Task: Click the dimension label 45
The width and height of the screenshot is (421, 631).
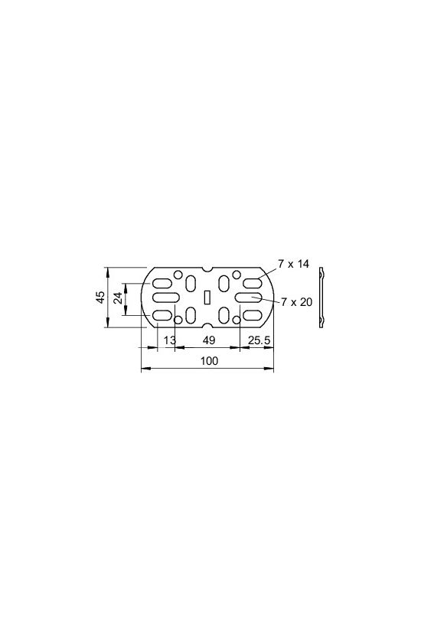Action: click(100, 298)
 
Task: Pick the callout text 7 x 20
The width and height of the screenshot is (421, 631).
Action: click(296, 302)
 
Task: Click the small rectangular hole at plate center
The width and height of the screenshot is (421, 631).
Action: click(207, 298)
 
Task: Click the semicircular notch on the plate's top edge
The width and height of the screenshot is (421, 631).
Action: click(207, 270)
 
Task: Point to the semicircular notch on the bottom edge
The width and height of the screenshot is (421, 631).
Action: click(207, 326)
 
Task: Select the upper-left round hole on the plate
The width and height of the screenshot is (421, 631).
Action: click(179, 275)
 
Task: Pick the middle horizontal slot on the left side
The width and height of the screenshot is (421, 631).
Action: click(164, 298)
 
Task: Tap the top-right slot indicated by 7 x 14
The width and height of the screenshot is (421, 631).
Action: click(252, 280)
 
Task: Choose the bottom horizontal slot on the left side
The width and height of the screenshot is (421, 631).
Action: click(164, 315)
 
